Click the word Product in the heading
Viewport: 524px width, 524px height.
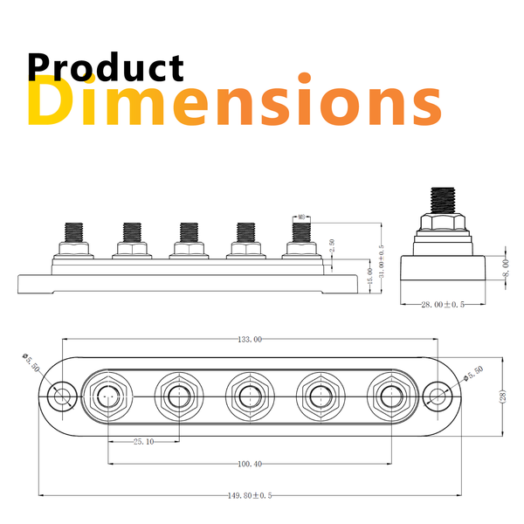pos(106,68)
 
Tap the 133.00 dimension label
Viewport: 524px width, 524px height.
pos(250,339)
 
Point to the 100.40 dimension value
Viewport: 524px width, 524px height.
pos(248,465)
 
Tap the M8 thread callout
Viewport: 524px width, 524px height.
pos(300,217)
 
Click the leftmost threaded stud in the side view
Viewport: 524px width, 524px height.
pos(74,233)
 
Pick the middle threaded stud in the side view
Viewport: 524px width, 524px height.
pos(188,233)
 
